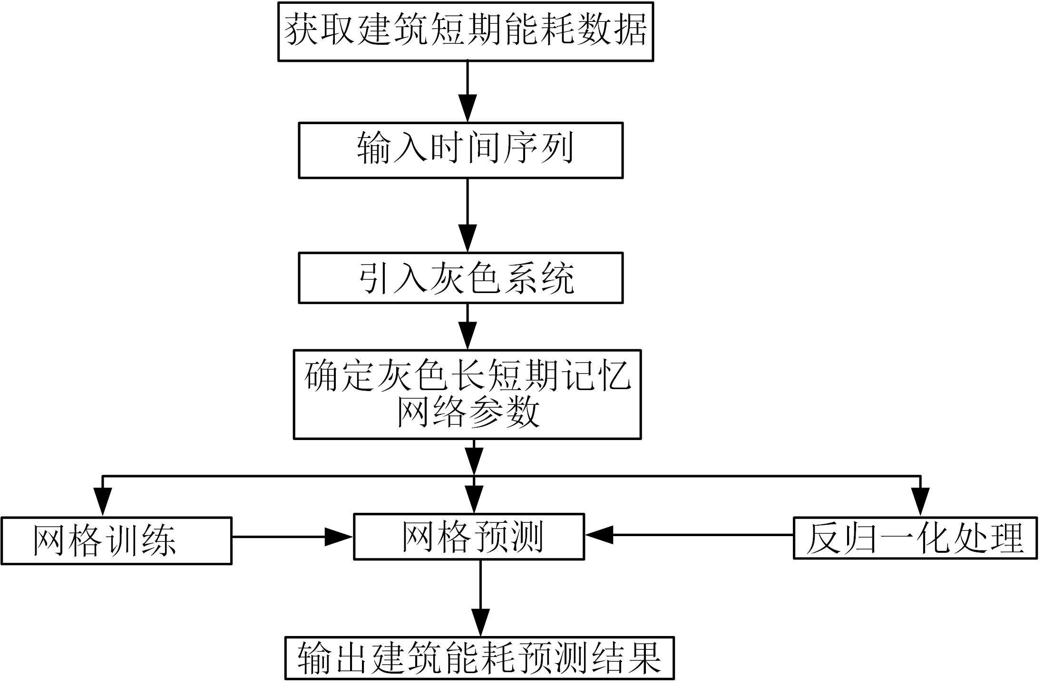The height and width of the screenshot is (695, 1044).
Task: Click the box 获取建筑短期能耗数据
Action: (x=465, y=31)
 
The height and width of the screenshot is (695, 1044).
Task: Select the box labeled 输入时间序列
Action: (x=460, y=150)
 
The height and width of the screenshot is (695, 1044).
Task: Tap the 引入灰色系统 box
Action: (x=460, y=278)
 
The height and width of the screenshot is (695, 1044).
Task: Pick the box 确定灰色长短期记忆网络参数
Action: (x=467, y=394)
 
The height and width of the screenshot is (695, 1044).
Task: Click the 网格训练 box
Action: (x=116, y=541)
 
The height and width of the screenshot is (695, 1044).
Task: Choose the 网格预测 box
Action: (x=468, y=537)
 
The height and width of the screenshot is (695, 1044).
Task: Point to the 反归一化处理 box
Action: (x=915, y=538)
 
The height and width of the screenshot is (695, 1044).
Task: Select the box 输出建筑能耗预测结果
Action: (x=479, y=658)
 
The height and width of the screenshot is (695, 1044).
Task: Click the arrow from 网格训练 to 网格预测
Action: (x=292, y=537)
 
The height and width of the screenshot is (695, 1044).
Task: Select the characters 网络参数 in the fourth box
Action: (x=468, y=412)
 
